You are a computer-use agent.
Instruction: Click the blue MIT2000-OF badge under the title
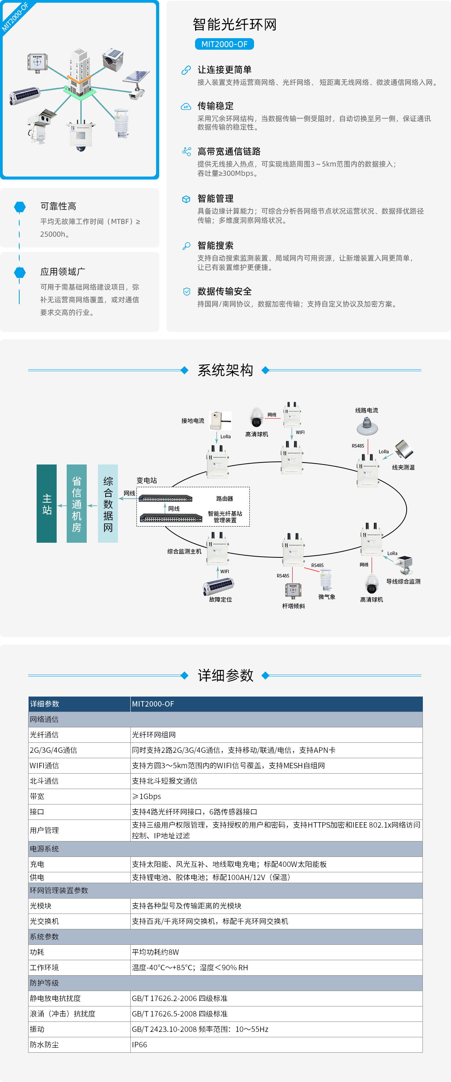(x=224, y=44)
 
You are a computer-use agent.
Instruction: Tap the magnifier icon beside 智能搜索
(x=186, y=246)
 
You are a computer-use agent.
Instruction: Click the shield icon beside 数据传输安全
(x=187, y=291)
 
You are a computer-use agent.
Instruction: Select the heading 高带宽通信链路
(x=229, y=151)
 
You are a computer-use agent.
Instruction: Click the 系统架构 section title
(x=225, y=370)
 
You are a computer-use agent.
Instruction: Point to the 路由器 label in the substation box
(x=224, y=498)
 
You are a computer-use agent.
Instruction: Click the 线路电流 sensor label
(x=366, y=411)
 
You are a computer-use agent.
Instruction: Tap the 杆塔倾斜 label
(x=293, y=606)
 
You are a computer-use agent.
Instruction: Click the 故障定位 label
(x=220, y=599)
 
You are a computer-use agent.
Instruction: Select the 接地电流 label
(x=192, y=421)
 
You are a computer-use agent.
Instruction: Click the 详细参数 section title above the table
(x=225, y=675)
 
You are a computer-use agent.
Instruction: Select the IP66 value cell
(x=140, y=1045)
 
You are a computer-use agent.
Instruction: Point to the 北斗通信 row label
(x=44, y=781)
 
